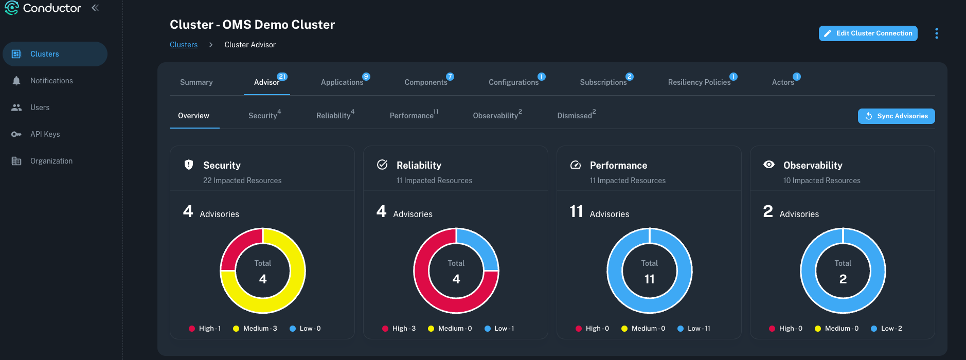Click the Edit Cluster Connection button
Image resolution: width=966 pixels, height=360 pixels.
(x=868, y=33)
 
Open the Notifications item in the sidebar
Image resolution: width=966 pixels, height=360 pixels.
(x=51, y=81)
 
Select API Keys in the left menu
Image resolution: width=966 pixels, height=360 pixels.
(x=45, y=134)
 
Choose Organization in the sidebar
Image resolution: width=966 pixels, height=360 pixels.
(x=51, y=161)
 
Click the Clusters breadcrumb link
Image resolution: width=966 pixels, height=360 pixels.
(x=184, y=45)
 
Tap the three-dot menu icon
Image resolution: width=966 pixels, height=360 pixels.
(x=936, y=33)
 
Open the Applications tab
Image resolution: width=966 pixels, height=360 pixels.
(x=342, y=82)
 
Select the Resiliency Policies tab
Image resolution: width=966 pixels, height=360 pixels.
(x=699, y=82)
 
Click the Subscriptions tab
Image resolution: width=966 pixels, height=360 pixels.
(x=603, y=82)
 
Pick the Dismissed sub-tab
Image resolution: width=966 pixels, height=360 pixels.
(x=575, y=116)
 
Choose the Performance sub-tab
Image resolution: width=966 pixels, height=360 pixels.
(x=412, y=116)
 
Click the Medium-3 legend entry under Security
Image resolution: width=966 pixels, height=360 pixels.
(x=255, y=329)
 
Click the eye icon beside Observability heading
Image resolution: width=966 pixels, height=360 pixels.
(x=769, y=165)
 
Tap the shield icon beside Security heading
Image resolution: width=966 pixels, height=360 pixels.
(x=189, y=165)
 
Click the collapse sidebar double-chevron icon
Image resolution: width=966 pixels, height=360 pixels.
(x=95, y=8)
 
